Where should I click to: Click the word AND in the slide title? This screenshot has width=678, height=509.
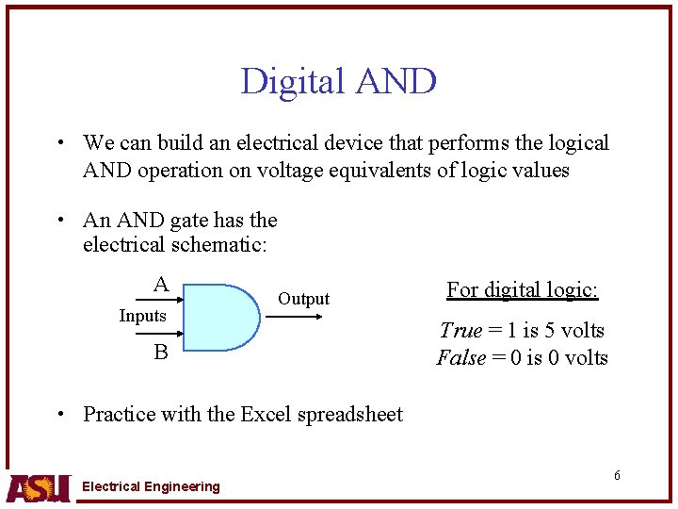click(x=395, y=82)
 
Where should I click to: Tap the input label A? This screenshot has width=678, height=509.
click(x=161, y=285)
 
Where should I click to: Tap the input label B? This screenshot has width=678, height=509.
click(x=161, y=353)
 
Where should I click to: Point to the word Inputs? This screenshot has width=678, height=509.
click(x=142, y=316)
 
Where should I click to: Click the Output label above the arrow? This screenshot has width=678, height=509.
click(x=303, y=299)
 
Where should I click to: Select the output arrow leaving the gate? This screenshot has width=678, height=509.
click(x=294, y=317)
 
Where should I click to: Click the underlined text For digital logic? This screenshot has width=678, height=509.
click(x=523, y=289)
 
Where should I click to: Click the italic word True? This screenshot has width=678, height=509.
click(x=460, y=330)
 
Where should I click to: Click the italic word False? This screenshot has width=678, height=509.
click(x=461, y=358)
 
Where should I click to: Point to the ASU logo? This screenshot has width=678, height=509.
click(x=38, y=486)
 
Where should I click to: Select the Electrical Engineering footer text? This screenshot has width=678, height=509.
click(x=151, y=486)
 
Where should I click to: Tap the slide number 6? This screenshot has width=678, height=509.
click(x=617, y=475)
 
